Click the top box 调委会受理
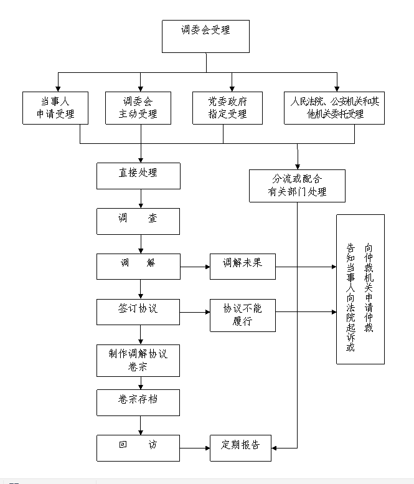(205, 36)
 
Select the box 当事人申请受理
(55, 108)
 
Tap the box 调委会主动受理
(138, 108)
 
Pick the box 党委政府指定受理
(227, 108)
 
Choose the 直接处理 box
(138, 175)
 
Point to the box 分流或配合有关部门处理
(297, 186)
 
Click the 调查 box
(138, 221)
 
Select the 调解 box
(138, 266)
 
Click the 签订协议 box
(138, 311)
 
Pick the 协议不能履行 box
(242, 315)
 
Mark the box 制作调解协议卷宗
(138, 360)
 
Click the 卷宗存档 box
(138, 402)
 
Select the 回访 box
(138, 447)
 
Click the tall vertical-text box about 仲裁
(360, 289)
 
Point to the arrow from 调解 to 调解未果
(195, 268)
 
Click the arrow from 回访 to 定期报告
(195, 447)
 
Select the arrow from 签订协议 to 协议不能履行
(195, 311)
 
